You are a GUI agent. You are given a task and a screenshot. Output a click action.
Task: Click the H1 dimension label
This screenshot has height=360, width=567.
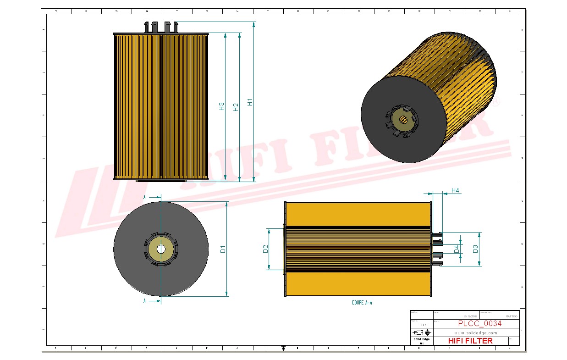click(x=250, y=102)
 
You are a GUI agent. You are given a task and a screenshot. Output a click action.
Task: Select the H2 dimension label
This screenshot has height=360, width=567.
click(x=236, y=107)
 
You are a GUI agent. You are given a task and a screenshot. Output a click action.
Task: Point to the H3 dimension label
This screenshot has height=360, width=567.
click(x=221, y=106)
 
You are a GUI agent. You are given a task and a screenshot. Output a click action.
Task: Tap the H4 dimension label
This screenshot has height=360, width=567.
click(x=455, y=190)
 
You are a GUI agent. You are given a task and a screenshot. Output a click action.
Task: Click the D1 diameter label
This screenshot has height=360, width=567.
click(x=223, y=249)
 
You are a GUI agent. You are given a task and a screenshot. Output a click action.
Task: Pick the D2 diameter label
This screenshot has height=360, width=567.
click(x=265, y=249)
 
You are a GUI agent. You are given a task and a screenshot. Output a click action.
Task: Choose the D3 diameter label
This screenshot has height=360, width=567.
click(x=475, y=249)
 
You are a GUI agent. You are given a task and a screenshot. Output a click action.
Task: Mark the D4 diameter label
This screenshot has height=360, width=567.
click(x=457, y=249)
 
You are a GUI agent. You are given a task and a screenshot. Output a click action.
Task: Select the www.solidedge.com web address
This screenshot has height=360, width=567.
click(x=476, y=332)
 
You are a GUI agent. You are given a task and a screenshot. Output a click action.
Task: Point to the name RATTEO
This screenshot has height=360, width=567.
click(x=511, y=316)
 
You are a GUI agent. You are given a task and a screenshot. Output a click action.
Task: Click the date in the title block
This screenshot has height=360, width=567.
click(x=470, y=316)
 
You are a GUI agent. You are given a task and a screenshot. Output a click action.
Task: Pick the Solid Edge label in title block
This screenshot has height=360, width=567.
click(x=421, y=339)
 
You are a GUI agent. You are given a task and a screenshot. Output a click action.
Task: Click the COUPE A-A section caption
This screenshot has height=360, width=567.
click(x=362, y=303)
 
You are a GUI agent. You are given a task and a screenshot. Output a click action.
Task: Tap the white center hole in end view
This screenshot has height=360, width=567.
click(x=161, y=249)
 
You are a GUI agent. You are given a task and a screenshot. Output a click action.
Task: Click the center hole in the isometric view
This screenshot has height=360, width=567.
click(x=403, y=120)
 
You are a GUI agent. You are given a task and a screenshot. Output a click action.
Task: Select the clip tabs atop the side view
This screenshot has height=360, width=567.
click(x=161, y=27)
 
